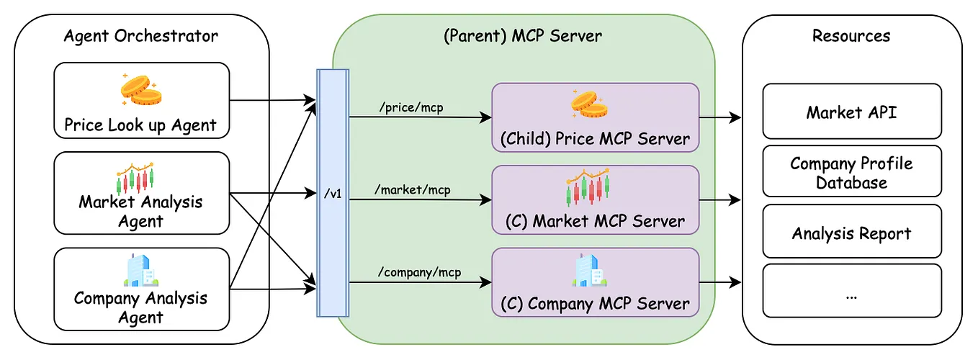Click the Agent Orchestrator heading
pyautogui.click(x=141, y=35)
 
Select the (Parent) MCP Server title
pyautogui.click(x=522, y=35)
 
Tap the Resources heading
pyautogui.click(x=851, y=35)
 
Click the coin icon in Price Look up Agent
pyautogui.click(x=141, y=90)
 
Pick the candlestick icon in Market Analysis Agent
pyautogui.click(x=136, y=177)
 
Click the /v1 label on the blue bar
pyautogui.click(x=333, y=194)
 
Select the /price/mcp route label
pyautogui.click(x=411, y=107)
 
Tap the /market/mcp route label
pyautogui.click(x=413, y=190)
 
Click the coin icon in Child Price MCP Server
pyautogui.click(x=589, y=104)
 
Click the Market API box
pyautogui.click(x=851, y=112)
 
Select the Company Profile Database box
pyautogui.click(x=851, y=172)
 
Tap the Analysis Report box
pyautogui.click(x=851, y=233)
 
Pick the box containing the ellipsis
pyautogui.click(x=851, y=291)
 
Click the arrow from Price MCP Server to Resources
pyautogui.click(x=720, y=117)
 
